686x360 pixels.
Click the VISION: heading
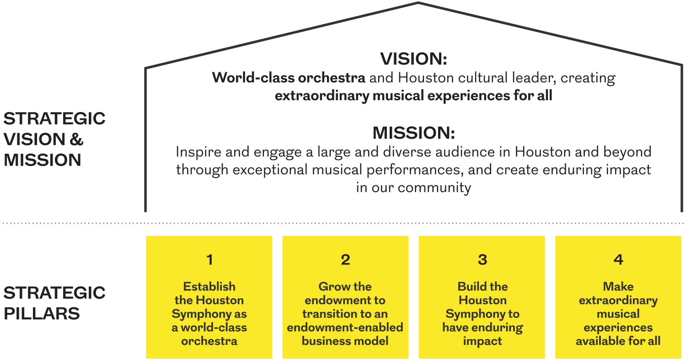coord(413,59)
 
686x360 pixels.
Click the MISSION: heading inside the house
coord(414,133)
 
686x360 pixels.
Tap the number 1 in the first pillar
coord(209,259)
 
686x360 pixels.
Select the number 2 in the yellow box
coord(345,259)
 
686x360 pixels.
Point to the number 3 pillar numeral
coord(482,259)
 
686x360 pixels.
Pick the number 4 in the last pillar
coord(618,259)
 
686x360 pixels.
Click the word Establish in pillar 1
coord(209,286)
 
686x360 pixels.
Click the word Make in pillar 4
coord(618,286)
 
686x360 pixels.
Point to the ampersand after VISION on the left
coord(76,140)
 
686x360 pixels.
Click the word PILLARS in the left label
coord(42,313)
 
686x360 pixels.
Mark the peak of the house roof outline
coord(418,3)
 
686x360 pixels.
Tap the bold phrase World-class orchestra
coord(289,77)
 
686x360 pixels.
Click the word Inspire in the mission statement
coord(198,152)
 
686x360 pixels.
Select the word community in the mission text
coord(434,188)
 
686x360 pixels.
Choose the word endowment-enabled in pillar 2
coord(345,327)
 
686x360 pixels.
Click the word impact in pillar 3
coord(482,341)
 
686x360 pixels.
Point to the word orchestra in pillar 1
coord(209,341)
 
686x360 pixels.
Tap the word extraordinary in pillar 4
coord(618,300)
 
